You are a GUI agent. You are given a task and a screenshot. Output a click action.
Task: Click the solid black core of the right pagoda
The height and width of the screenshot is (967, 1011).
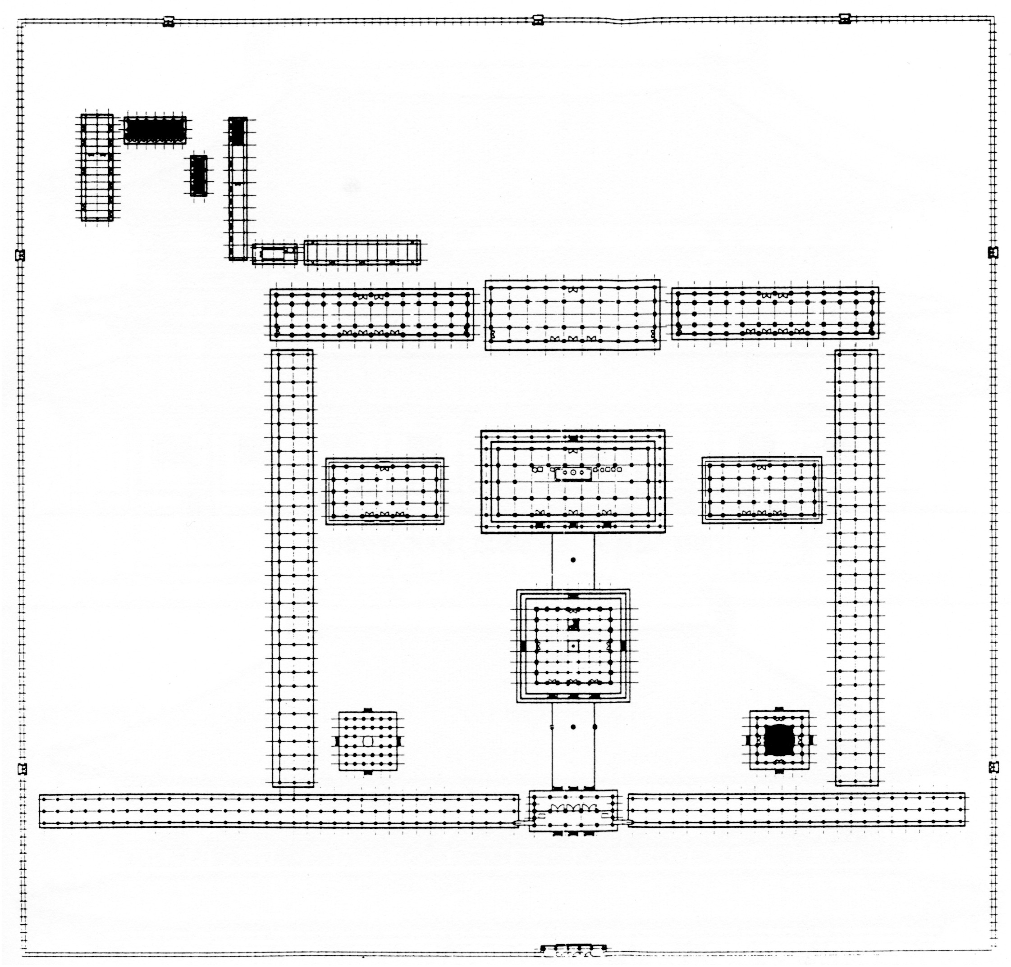(779, 741)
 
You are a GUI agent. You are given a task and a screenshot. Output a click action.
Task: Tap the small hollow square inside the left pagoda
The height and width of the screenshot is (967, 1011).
(368, 741)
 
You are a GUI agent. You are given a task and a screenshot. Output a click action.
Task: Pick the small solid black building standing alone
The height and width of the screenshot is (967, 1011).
(199, 175)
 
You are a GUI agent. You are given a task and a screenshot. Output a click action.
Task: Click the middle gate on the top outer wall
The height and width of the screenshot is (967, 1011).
(537, 20)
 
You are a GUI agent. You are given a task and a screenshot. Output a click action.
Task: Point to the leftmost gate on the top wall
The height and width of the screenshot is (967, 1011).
(168, 22)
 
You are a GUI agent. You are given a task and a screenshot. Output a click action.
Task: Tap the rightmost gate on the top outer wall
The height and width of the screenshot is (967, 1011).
(844, 19)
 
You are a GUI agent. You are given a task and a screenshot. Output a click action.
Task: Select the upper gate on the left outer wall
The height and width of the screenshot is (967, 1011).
(20, 255)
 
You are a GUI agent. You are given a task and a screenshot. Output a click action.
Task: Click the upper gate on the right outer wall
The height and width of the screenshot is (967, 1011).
(993, 253)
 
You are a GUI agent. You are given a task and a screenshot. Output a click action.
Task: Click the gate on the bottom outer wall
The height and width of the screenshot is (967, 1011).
(573, 949)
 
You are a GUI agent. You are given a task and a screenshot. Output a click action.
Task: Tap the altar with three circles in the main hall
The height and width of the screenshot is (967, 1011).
(573, 472)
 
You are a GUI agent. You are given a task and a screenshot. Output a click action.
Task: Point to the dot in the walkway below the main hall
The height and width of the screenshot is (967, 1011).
(573, 560)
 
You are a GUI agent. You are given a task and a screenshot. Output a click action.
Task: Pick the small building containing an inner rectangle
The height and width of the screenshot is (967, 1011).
(274, 254)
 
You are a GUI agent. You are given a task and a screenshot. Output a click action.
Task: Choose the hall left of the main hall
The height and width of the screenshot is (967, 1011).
(385, 491)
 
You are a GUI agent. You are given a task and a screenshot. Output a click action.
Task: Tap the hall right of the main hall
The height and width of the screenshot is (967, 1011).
(761, 490)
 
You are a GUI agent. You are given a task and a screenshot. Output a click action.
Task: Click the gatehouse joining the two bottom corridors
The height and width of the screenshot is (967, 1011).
(573, 811)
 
